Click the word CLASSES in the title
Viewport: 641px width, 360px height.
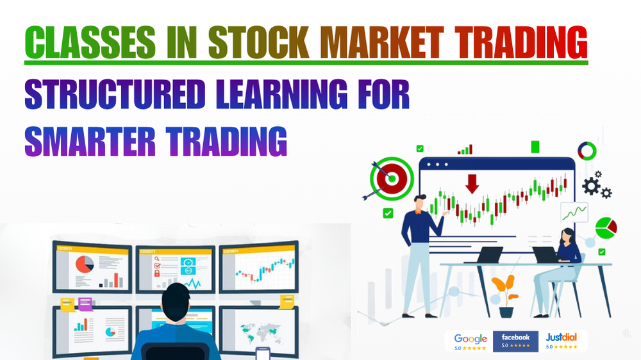coord(89,43)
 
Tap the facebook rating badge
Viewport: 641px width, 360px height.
coord(515,341)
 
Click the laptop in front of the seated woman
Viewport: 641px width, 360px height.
coord(546,255)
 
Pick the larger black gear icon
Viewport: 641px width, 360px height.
coord(590,185)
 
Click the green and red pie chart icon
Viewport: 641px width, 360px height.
coord(606,227)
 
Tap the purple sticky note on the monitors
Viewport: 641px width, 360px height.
coord(85,304)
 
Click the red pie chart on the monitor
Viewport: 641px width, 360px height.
coord(83,263)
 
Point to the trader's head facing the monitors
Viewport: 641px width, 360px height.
coord(176,301)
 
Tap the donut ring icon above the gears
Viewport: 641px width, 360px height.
coord(587,151)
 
